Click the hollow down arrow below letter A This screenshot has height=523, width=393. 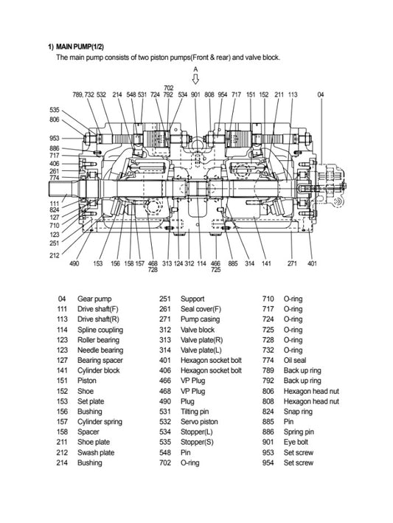point(195,79)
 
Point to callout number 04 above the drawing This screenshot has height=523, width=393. point(320,94)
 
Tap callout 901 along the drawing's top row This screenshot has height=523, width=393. point(195,94)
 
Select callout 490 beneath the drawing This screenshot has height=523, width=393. point(74,263)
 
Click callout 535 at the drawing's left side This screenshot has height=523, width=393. point(55,110)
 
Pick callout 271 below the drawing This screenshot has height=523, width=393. point(292,263)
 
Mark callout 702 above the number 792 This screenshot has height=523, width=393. point(169,88)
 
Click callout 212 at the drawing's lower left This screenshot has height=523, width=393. point(55,255)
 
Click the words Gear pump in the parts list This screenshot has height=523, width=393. point(94,299)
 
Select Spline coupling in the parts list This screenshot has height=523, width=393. point(100,330)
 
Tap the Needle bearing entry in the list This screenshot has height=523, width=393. point(100,350)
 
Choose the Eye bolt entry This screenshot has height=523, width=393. point(296,443)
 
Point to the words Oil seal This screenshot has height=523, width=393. point(295,360)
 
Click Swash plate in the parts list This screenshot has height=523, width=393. point(96,453)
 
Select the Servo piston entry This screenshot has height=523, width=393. point(199,422)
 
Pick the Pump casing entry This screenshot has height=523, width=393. point(200,319)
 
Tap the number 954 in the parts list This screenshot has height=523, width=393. point(268,463)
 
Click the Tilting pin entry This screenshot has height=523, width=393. point(195,412)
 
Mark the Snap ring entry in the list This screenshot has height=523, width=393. point(298,412)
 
